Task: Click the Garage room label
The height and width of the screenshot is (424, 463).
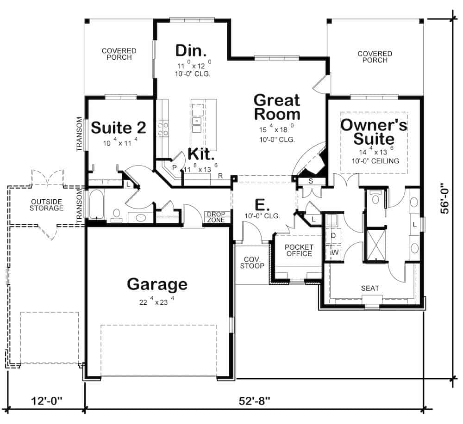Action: point(157,284)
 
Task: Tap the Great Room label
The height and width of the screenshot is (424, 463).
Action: point(277,107)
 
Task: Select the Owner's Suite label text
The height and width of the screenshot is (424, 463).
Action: point(374,132)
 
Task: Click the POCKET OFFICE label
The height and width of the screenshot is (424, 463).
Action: point(299,250)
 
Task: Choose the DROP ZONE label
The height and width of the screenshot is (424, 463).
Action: point(216,217)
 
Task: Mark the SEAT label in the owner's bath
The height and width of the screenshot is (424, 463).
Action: point(370,288)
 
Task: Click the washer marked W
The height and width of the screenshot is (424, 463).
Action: point(333,252)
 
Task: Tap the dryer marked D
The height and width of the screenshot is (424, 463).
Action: point(333,235)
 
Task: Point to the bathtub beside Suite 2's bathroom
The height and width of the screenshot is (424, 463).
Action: point(97,204)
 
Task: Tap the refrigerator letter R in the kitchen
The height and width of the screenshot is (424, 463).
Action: point(221,176)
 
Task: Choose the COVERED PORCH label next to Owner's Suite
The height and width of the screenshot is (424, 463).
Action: point(375,57)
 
